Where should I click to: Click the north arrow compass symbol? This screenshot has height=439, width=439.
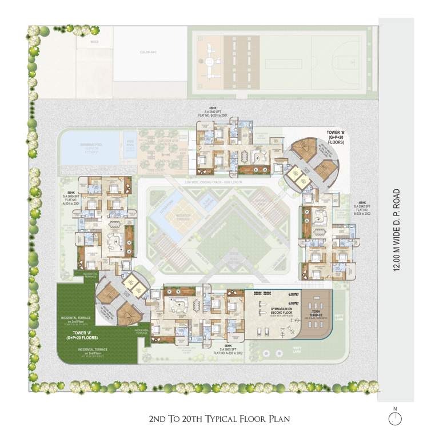pyautogui.click(x=394, y=418)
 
